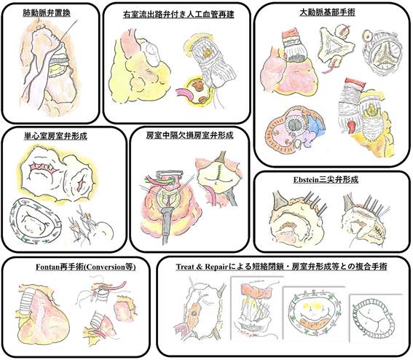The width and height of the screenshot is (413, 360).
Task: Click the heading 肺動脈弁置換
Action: pyautogui.click(x=47, y=13)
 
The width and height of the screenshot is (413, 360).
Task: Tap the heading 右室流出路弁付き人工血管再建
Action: pyautogui.click(x=178, y=15)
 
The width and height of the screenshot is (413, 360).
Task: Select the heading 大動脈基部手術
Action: pyautogui.click(x=327, y=12)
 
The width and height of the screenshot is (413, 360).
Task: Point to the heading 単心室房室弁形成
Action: pyautogui.click(x=55, y=136)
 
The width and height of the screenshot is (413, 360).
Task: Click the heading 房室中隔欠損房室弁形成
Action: pyautogui.click(x=189, y=136)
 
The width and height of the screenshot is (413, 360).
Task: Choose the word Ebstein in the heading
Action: pyautogui.click(x=306, y=180)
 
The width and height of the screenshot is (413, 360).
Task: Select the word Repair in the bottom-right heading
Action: pyautogui.click(x=216, y=267)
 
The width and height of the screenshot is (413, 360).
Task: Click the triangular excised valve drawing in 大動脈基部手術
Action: pyautogui.click(x=334, y=47)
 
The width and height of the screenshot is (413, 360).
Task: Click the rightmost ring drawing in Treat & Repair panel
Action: pyautogui.click(x=375, y=317)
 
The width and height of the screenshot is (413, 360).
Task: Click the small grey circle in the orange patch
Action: pyautogui.click(x=194, y=313)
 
